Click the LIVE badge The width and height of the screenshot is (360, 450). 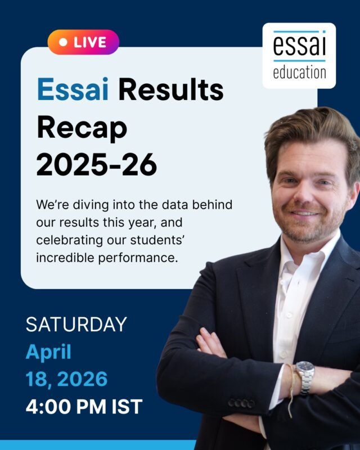pos(83,42)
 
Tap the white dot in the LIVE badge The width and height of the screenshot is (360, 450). pos(63,42)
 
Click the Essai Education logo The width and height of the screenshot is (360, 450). pos(299,55)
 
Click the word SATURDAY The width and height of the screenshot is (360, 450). pos(76,325)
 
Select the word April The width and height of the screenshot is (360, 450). pos(48,352)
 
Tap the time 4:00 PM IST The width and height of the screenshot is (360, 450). pos(84,406)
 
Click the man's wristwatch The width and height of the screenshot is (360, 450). pos(304,376)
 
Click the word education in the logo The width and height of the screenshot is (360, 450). pos(299,73)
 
